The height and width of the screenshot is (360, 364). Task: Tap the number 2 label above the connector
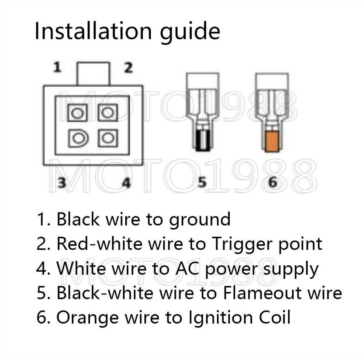128,67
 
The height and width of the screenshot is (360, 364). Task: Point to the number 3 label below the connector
62,182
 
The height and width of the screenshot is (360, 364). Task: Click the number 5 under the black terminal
202,182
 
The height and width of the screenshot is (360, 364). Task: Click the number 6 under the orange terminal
272,182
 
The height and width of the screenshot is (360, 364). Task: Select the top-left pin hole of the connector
77,113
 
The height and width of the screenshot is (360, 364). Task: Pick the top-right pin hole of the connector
107,113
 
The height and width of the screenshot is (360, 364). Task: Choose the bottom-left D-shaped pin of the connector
78,138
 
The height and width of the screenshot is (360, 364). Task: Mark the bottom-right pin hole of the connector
107,138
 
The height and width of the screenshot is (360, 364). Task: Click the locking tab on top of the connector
93,74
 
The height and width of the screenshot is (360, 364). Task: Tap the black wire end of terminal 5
202,141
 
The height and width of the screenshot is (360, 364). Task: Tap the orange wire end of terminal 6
272,142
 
